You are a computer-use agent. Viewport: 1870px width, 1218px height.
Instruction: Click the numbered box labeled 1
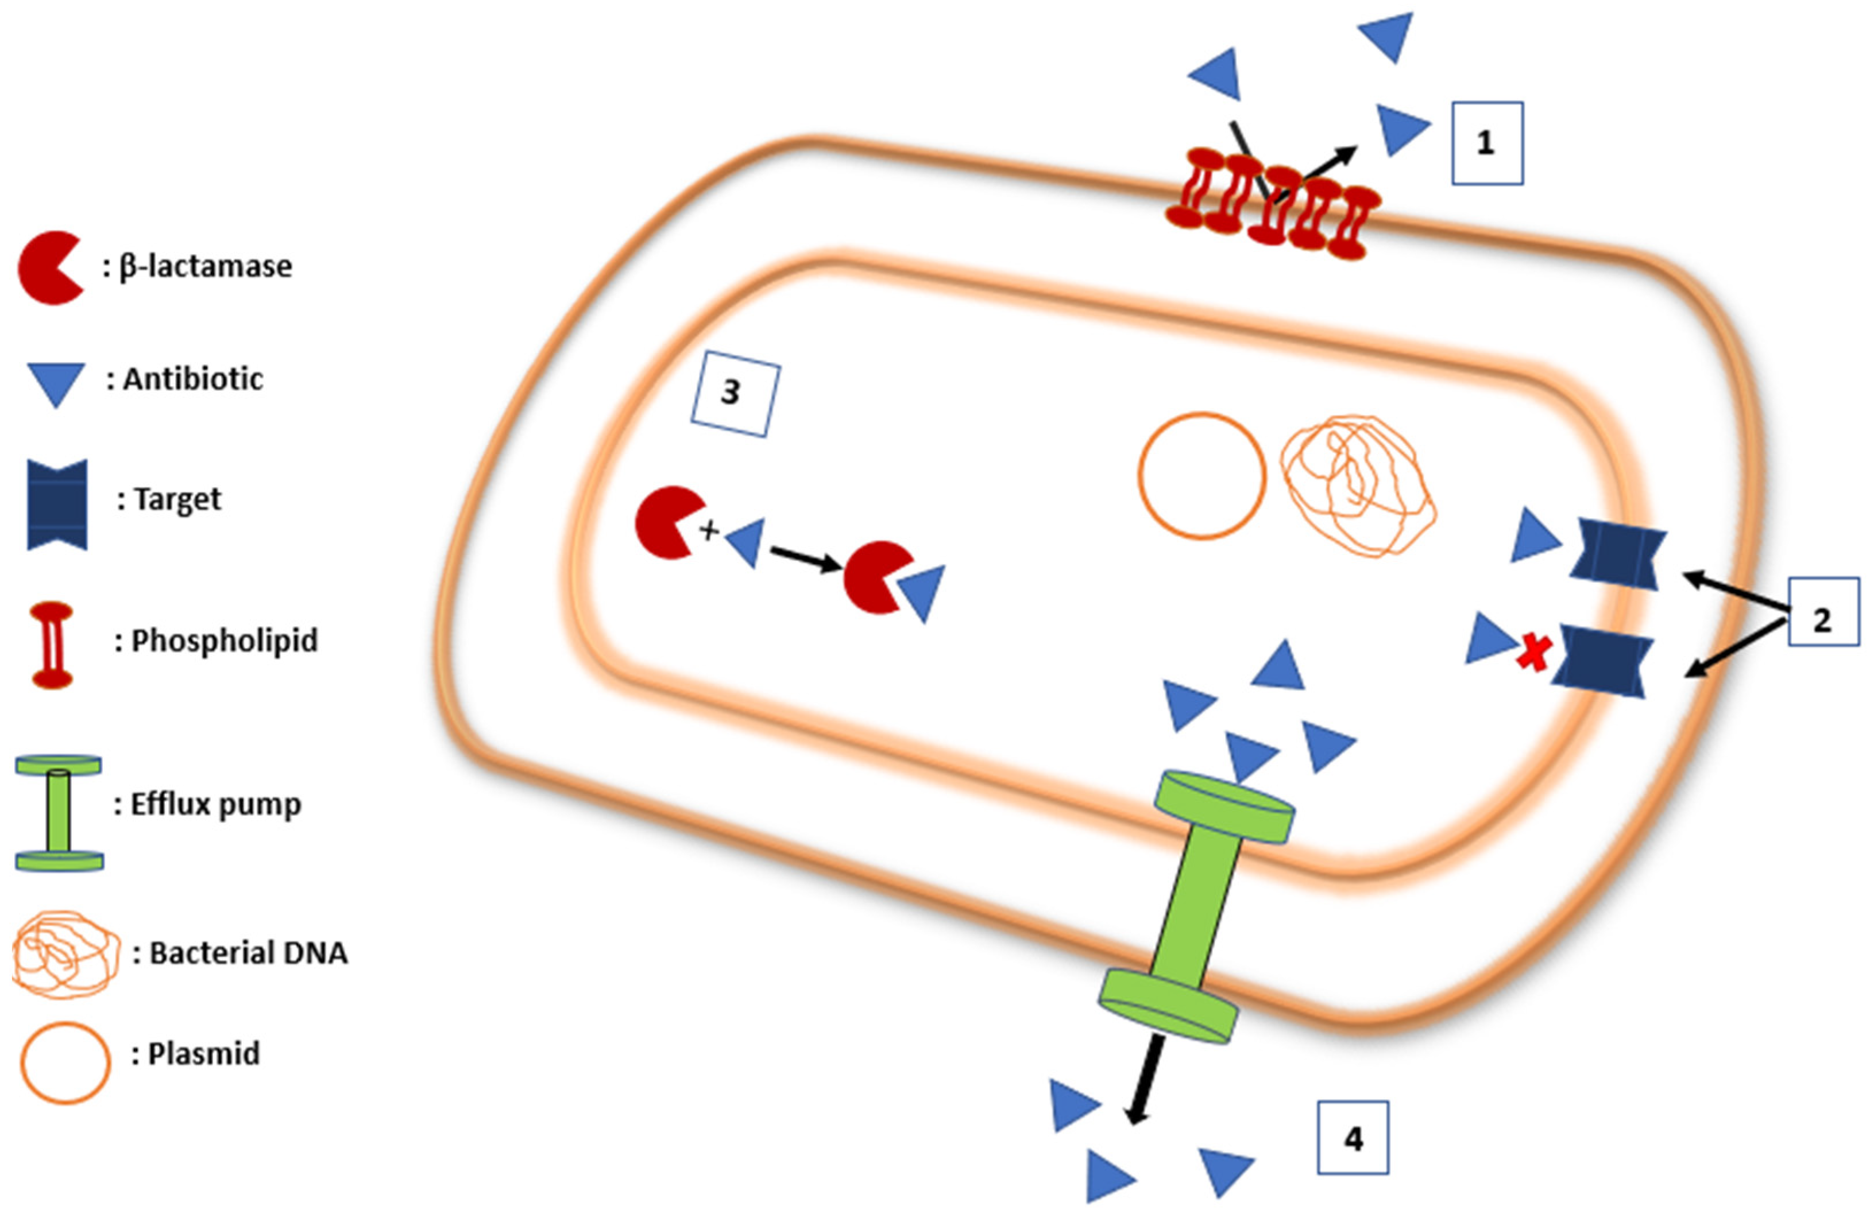pos(1486,143)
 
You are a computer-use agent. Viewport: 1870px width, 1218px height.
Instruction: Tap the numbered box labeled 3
pos(735,398)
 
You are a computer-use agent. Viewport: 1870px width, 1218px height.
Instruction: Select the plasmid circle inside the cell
pos(1201,476)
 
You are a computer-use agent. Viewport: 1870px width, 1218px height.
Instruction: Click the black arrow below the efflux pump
pos(1144,1079)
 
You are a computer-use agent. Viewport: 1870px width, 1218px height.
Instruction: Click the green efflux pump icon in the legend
pos(59,813)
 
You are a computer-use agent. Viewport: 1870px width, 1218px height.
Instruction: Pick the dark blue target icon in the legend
pos(57,504)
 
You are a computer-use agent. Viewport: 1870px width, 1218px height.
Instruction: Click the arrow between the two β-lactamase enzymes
pos(805,558)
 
